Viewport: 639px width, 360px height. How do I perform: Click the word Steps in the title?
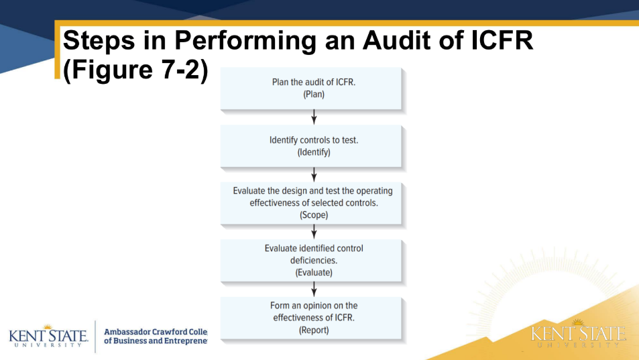pos(100,41)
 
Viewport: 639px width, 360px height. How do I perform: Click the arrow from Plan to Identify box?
pos(314,117)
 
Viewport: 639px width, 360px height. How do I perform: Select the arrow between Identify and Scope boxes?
pos(314,174)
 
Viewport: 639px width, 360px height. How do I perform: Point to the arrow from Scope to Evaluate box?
pos(314,232)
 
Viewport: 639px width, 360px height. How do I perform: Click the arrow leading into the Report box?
pos(314,289)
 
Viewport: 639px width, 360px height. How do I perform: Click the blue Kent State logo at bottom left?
pos(48,335)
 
